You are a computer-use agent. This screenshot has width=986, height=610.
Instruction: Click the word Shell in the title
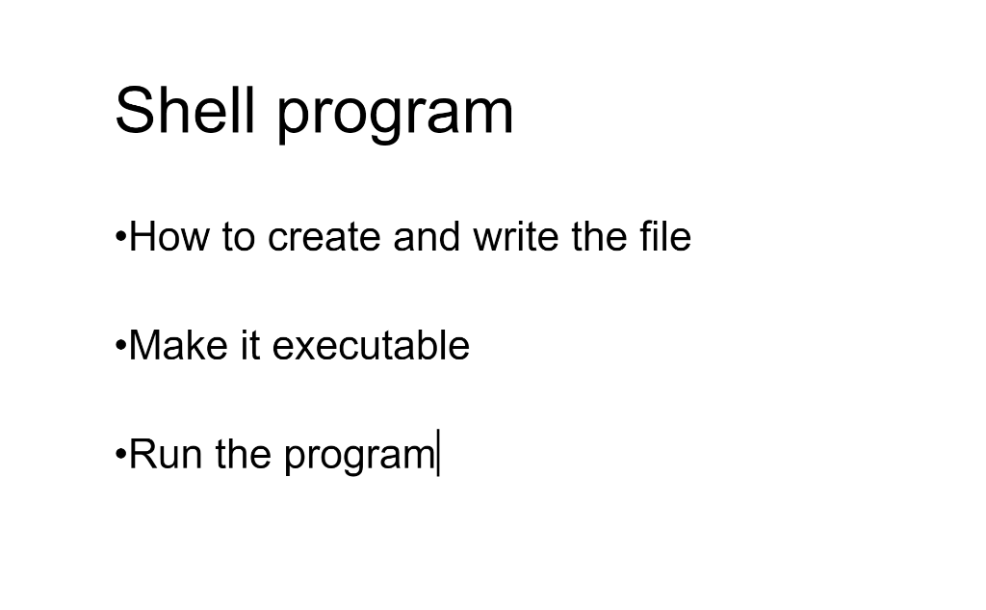tap(186, 110)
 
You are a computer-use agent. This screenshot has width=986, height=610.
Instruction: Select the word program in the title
tap(396, 115)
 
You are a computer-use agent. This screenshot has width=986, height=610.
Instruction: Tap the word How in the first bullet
tap(169, 237)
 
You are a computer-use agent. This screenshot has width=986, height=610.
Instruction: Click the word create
tap(324, 237)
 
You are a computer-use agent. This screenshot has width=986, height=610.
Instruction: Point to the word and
tap(427, 237)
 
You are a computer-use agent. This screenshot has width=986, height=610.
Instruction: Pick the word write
tap(516, 237)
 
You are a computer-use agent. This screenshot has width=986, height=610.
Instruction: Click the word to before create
tap(239, 238)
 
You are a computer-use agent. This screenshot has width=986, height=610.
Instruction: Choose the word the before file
tap(599, 237)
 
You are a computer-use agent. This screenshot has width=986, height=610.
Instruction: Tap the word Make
tap(178, 345)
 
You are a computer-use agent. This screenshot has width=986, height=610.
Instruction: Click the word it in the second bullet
tap(250, 345)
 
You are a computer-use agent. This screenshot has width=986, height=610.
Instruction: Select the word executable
tap(371, 345)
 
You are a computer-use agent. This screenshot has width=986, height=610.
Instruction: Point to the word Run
tap(166, 454)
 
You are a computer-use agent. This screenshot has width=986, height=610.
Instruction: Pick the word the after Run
tap(244, 454)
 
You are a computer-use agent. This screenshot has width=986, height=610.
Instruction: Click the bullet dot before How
tap(121, 237)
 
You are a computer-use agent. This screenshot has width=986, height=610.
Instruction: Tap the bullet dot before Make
tap(121, 346)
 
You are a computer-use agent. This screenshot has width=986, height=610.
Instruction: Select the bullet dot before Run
tap(121, 455)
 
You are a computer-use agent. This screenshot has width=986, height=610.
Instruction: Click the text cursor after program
tap(438, 452)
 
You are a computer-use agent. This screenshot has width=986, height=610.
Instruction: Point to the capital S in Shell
tap(132, 110)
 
